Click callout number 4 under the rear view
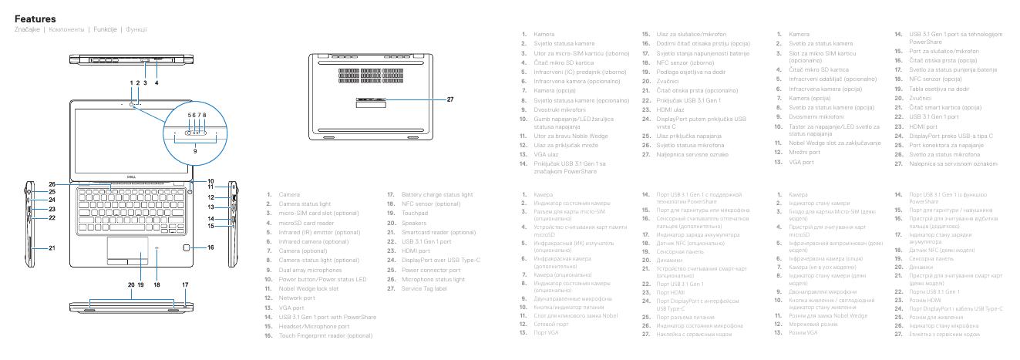point(157,82)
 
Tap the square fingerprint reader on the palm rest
point(190,248)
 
